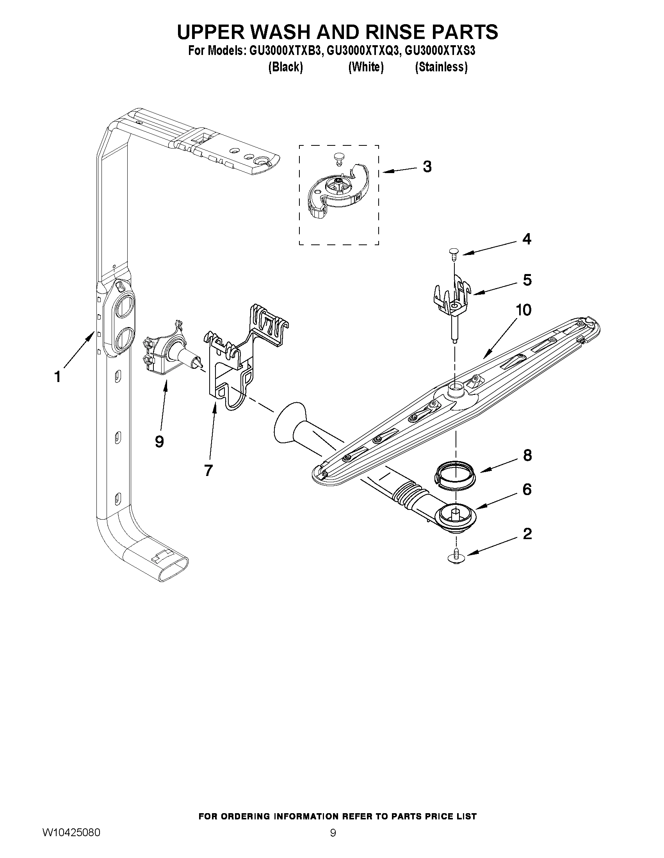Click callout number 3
pos(427,166)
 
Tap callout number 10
pos(523,310)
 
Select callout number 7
pos(208,470)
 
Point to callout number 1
pos(57,377)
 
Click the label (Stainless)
pos(441,67)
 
